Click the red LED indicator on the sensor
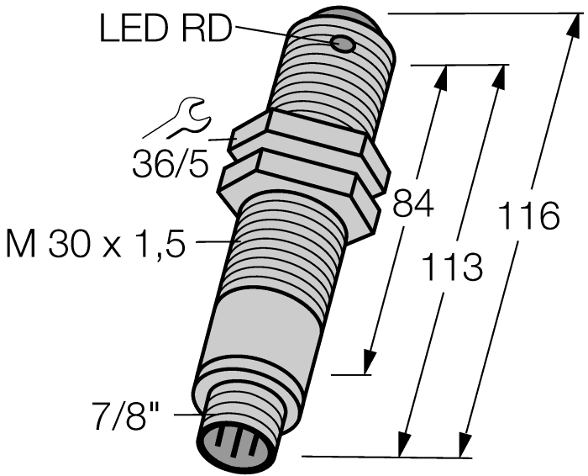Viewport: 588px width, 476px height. point(343,44)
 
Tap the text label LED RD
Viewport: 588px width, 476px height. point(164,29)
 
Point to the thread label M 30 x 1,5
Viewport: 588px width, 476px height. point(94,246)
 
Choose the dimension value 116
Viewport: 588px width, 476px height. point(528,217)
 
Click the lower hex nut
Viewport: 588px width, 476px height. point(302,181)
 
